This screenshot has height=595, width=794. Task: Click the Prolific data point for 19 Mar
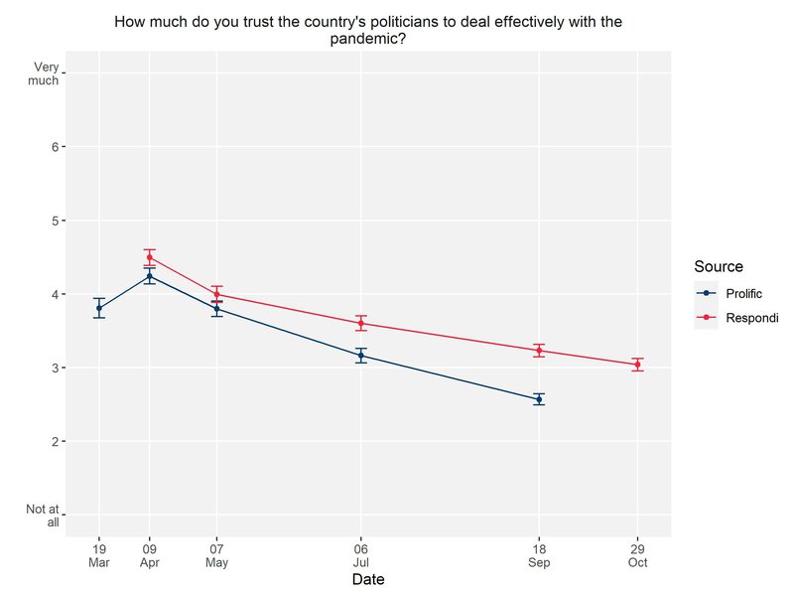coord(99,308)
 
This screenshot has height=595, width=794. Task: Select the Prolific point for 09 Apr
coord(150,276)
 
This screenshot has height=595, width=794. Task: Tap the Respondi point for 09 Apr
coord(150,257)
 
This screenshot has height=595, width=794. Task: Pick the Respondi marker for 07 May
coord(216,294)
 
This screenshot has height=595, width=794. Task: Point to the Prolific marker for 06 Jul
coord(361,355)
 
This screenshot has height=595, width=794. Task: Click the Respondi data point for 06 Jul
coord(361,323)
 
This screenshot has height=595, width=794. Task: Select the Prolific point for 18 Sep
coord(539,399)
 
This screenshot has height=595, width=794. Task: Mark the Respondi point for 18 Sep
coord(539,350)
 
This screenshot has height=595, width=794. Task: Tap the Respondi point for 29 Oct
coord(637,365)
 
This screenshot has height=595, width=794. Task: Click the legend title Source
coord(719,266)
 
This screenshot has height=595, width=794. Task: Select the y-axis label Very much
coord(46,74)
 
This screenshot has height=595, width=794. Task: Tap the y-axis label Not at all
coord(46,516)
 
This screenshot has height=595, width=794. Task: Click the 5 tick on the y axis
coord(56,221)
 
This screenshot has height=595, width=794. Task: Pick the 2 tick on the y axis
coord(56,441)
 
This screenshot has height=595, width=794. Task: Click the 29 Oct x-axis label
coord(637,556)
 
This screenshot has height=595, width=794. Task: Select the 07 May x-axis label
coord(216,556)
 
